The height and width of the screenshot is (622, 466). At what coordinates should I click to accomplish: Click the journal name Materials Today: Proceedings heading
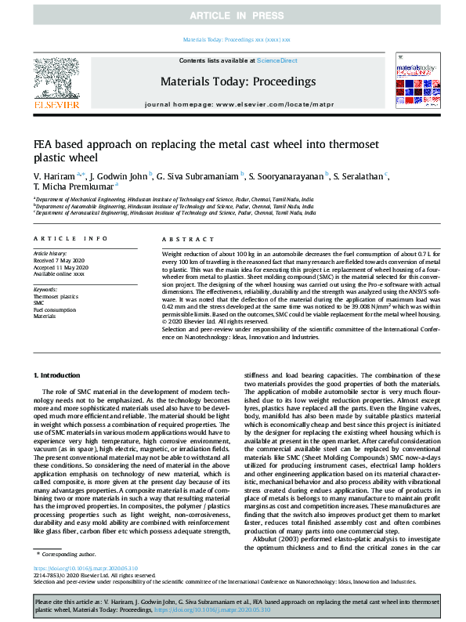click(x=237, y=81)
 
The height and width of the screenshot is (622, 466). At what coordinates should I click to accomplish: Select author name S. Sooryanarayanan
click(x=289, y=175)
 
